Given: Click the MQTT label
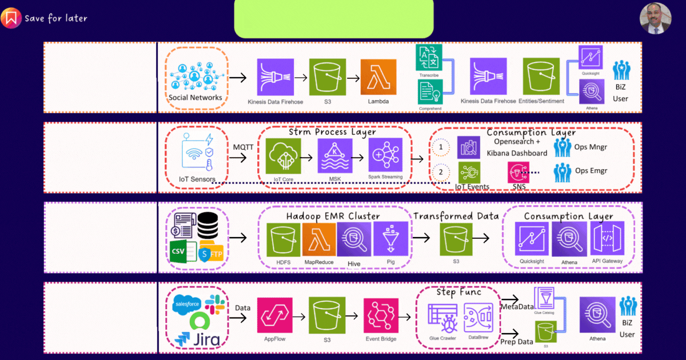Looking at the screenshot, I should tap(243, 147).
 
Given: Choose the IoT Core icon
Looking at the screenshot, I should tap(283, 155).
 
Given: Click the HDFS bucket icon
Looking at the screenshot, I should tap(283, 239).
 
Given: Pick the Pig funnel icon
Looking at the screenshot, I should tap(391, 239).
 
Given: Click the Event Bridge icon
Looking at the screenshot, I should tap(381, 315).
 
